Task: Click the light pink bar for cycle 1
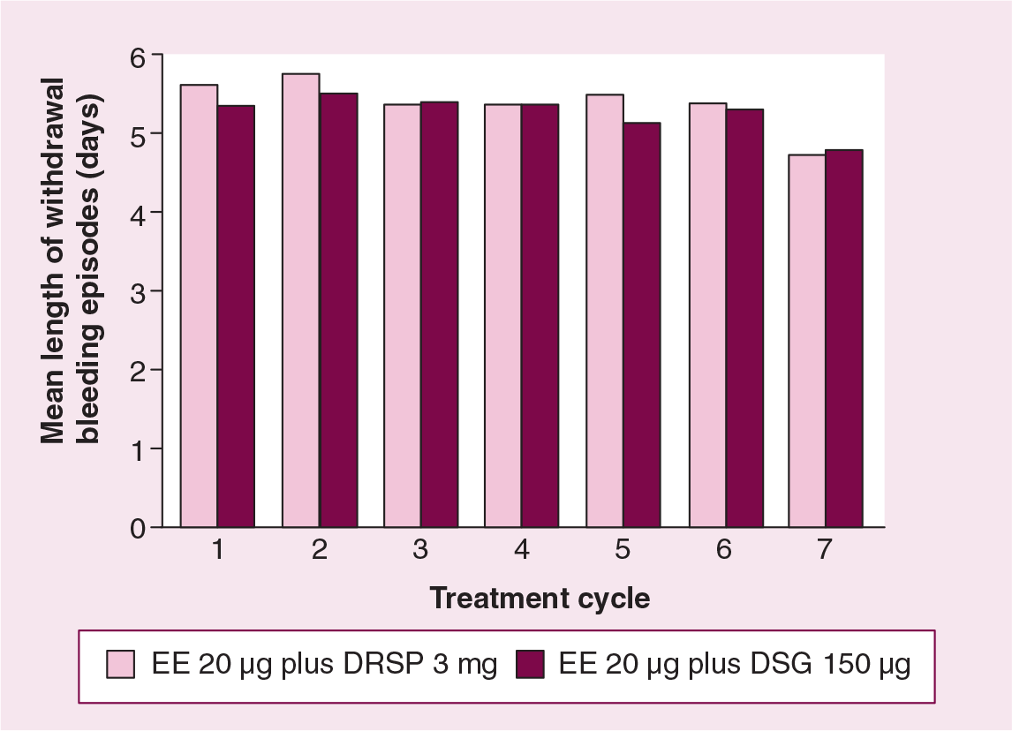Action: (x=199, y=305)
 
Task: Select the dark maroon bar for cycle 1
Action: (x=236, y=316)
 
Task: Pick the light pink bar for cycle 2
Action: (x=301, y=301)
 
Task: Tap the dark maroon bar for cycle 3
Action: (x=440, y=314)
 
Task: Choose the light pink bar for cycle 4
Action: (x=503, y=315)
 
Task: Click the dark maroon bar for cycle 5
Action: (x=641, y=325)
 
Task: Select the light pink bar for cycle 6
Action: (x=708, y=315)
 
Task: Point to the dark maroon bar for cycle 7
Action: (x=844, y=338)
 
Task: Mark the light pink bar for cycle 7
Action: (x=807, y=341)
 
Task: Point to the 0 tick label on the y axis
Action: (x=138, y=529)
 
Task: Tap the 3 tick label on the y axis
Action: (x=138, y=294)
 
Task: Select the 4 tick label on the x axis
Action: (x=522, y=549)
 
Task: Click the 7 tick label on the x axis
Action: (x=825, y=549)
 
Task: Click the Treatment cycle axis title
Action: (x=540, y=598)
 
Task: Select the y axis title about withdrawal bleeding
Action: (x=71, y=260)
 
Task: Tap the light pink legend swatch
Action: (x=121, y=664)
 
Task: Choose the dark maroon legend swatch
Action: (x=531, y=664)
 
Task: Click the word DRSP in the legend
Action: (x=383, y=664)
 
